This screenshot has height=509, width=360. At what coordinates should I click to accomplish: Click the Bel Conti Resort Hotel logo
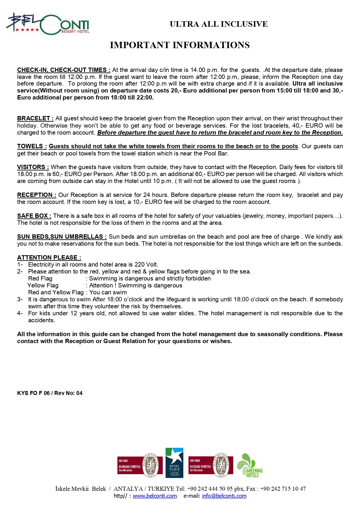tap(48, 24)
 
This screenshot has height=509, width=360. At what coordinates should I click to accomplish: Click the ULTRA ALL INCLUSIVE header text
tap(218, 24)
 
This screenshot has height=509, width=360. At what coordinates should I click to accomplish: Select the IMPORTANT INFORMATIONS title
tap(180, 45)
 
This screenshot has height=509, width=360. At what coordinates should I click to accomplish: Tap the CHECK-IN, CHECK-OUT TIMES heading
tap(64, 70)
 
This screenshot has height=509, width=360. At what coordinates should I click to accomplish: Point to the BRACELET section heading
tap(35, 118)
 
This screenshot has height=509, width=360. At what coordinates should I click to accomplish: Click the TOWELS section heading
tap(32, 146)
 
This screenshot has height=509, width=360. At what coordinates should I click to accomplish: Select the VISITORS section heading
tap(33, 167)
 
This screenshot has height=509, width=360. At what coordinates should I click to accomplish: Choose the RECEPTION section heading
tap(37, 195)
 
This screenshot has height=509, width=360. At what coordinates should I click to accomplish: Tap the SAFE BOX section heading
tap(34, 216)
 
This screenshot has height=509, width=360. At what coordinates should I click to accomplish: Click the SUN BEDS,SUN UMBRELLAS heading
tap(61, 237)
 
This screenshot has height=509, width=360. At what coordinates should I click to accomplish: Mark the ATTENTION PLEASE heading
tap(49, 258)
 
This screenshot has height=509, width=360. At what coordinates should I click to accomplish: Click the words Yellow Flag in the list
tap(43, 285)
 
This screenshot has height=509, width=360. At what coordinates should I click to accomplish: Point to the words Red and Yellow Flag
tap(56, 292)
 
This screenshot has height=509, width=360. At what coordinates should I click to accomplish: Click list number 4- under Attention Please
tap(20, 313)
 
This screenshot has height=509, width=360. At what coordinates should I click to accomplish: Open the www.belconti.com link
tap(155, 496)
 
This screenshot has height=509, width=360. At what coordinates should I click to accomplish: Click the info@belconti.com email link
tap(224, 496)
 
